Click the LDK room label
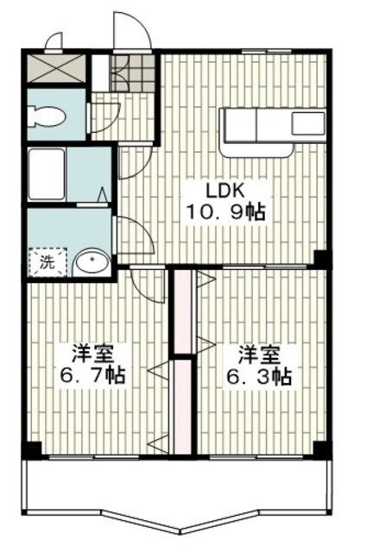pos(225,191)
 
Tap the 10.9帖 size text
pos(225,212)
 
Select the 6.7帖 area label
pos(92,375)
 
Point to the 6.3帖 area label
pos(258,377)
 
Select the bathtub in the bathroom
pos(46,174)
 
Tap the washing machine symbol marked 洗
pos(47,261)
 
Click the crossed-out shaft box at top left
pos(56,69)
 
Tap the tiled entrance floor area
pos(132,73)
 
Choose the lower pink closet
pos(182,407)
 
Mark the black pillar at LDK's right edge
pos(321,259)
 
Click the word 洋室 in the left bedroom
pos(92,354)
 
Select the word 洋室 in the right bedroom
pos(259,355)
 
